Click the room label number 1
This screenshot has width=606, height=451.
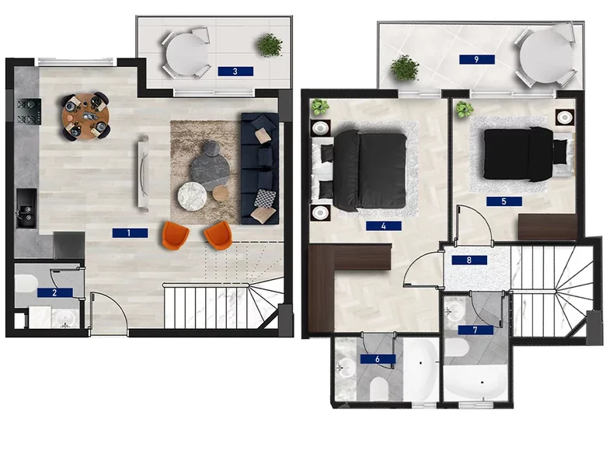(130, 232)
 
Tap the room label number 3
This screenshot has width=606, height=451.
(235, 72)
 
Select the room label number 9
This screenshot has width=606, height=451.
(477, 59)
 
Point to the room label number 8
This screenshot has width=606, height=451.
(469, 260)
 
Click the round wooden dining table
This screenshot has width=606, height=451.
(85, 116)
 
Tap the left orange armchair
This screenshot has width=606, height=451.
(175, 235)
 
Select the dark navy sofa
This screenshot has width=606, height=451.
(259, 168)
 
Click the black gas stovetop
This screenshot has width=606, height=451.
(29, 111)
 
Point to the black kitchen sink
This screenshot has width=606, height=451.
(26, 208)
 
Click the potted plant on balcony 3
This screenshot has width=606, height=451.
(270, 45)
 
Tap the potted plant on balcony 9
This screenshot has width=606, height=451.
(405, 68)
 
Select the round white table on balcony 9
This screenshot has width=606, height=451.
(546, 57)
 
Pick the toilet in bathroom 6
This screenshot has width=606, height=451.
(379, 388)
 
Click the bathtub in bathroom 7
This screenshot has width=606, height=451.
(475, 382)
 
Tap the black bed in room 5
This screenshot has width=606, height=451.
(519, 154)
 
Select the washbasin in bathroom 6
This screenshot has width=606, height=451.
(346, 367)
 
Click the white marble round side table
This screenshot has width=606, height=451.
(191, 196)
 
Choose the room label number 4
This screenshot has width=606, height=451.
(384, 226)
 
